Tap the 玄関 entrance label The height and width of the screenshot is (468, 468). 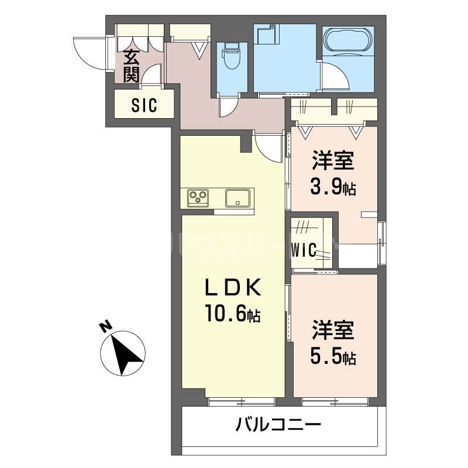click(x=132, y=67)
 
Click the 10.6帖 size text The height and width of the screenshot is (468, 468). click(x=232, y=315)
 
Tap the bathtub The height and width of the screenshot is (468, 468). click(x=348, y=41)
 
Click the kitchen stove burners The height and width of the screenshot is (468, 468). click(x=198, y=198)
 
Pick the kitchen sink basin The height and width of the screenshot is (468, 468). click(x=238, y=197)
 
